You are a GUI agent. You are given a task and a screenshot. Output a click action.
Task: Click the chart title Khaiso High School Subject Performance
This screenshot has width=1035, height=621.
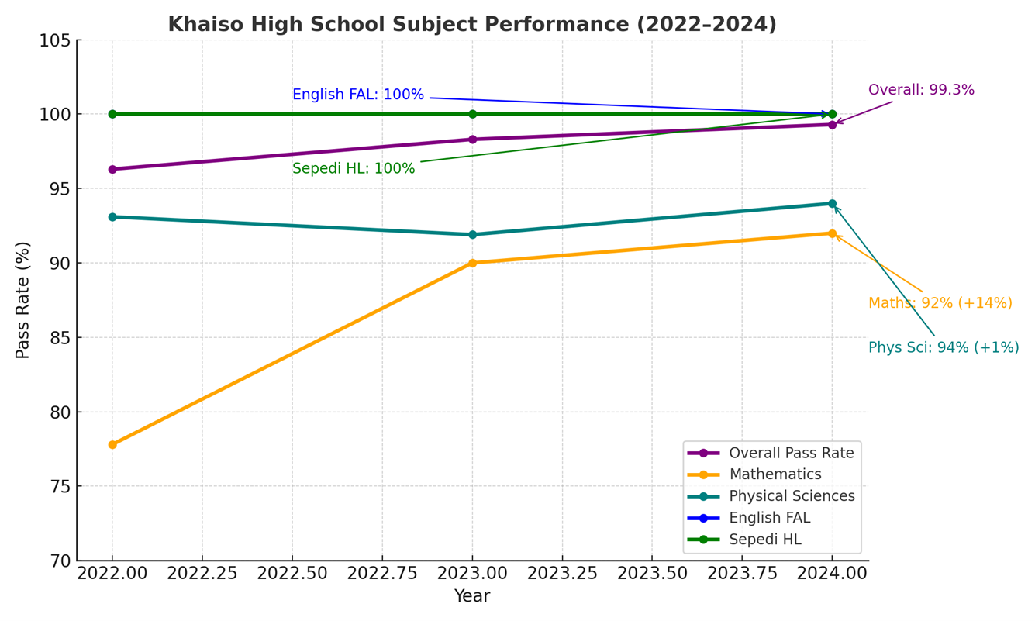tap(472, 25)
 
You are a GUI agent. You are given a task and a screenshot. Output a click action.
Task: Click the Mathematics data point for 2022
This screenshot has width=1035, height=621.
tap(112, 445)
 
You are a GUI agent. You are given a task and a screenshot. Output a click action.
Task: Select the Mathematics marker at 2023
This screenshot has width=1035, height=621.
tap(472, 263)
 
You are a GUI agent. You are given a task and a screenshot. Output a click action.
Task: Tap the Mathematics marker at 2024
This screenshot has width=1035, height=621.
tap(832, 233)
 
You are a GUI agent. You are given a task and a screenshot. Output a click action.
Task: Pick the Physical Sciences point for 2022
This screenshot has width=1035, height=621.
tap(112, 217)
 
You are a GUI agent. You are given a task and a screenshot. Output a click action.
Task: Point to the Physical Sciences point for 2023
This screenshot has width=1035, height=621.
tap(472, 234)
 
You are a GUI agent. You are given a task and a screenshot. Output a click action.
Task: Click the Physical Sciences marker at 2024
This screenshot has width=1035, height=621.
tap(832, 204)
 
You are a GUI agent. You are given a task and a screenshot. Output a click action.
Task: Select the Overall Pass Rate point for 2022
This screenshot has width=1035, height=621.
tap(112, 169)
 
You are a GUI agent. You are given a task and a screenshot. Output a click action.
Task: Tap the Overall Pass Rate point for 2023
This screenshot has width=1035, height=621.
tap(472, 140)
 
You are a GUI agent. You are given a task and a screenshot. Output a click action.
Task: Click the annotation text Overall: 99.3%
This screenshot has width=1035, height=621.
tap(921, 90)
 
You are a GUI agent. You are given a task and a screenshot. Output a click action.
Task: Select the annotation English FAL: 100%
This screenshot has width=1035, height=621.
tap(358, 95)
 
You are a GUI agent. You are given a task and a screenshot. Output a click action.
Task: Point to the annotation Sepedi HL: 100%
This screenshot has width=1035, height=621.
tap(354, 168)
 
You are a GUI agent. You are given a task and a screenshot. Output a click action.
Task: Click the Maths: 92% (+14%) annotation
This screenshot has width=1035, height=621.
tap(940, 303)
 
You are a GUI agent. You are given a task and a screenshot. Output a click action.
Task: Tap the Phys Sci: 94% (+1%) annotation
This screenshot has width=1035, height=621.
tap(944, 348)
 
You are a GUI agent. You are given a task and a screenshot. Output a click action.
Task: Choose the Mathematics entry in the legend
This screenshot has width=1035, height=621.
tap(775, 474)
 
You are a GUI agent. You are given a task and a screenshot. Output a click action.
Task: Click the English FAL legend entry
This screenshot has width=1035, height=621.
tap(769, 518)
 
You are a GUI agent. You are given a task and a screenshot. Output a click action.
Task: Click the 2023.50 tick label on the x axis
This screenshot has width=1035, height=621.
tap(651, 574)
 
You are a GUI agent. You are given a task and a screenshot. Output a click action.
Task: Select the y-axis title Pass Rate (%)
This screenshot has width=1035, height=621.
tap(23, 300)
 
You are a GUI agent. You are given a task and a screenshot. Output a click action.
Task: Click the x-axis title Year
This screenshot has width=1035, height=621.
tap(472, 596)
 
